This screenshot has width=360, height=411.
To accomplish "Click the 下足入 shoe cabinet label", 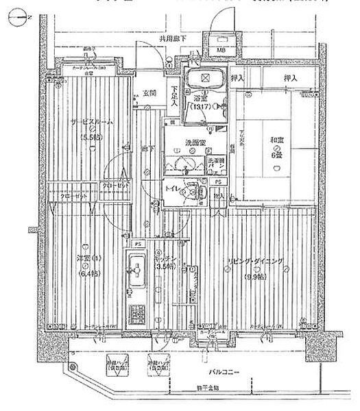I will click(175, 99).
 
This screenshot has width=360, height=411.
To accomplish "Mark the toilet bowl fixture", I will click(194, 193).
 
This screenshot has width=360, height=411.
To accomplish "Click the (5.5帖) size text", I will click(91, 136).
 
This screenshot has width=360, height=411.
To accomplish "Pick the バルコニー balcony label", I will click(224, 372).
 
